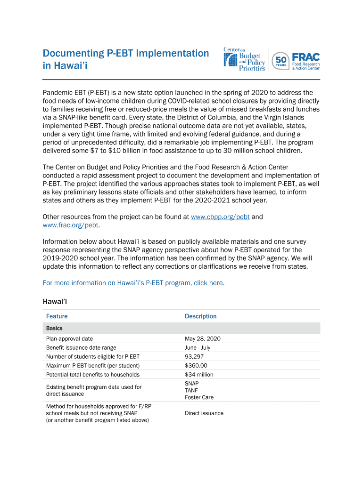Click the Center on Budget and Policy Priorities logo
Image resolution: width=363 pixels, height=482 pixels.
point(244,59)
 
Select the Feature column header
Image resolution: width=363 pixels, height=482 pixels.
point(57,316)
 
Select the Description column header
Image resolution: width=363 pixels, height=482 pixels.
point(200,316)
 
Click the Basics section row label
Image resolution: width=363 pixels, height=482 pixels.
point(54,328)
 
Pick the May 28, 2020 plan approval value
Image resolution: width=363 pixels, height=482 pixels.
point(202,338)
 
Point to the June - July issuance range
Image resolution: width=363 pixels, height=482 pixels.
point(198,347)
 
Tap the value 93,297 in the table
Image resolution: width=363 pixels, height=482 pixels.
point(194,356)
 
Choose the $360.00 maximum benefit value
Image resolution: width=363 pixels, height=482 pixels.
point(196,365)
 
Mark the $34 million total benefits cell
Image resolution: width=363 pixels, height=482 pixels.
point(199,375)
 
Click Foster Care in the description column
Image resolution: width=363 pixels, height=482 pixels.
point(199,397)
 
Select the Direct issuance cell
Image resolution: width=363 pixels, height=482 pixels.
point(204,413)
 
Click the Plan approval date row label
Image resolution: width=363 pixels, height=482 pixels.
point(69,338)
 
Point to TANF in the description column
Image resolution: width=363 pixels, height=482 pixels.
point(191,390)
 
